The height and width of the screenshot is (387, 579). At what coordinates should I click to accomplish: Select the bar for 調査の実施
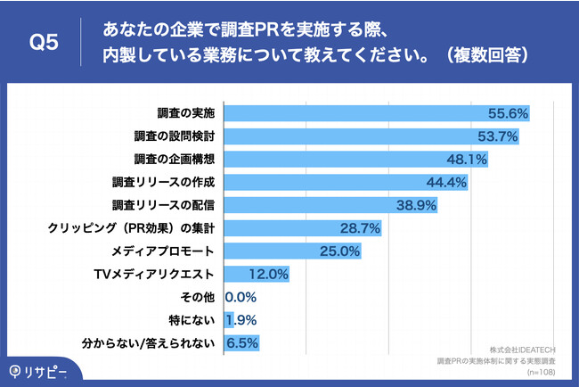click(356, 113)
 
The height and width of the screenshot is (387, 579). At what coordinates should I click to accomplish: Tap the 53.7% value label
click(499, 136)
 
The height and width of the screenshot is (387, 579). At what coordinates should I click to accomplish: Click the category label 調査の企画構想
click(175, 160)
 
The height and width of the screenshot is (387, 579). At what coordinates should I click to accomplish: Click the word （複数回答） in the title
click(483, 54)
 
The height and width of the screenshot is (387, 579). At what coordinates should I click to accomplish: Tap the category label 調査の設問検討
click(175, 136)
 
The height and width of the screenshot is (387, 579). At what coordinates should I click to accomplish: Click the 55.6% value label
click(509, 113)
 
